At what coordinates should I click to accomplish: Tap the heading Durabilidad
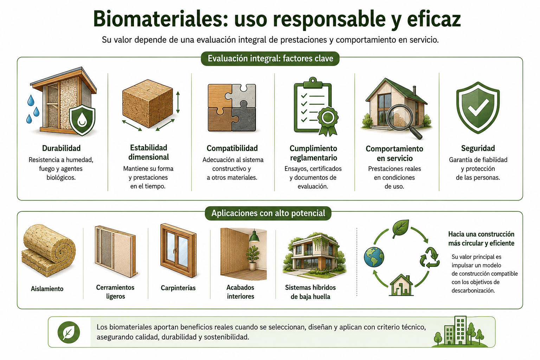click(x=61, y=148)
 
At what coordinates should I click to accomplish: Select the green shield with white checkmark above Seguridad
click(x=478, y=108)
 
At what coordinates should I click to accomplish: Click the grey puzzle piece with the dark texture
click(x=244, y=119)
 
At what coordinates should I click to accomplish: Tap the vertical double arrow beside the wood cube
click(x=178, y=102)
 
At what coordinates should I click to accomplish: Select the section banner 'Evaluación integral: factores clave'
click(x=270, y=59)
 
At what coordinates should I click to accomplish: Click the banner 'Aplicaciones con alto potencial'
click(x=268, y=213)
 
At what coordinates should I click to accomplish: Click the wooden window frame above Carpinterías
click(x=178, y=250)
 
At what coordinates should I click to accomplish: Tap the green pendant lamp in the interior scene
click(x=254, y=237)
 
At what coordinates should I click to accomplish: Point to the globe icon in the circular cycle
click(x=374, y=257)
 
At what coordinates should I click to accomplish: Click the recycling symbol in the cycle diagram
click(x=430, y=258)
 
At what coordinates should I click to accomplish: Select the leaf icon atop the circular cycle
click(x=401, y=228)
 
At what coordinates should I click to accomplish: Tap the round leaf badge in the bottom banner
click(x=69, y=332)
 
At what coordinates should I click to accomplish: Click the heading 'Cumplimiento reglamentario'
click(x=313, y=153)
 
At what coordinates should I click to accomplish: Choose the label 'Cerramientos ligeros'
click(x=115, y=292)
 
